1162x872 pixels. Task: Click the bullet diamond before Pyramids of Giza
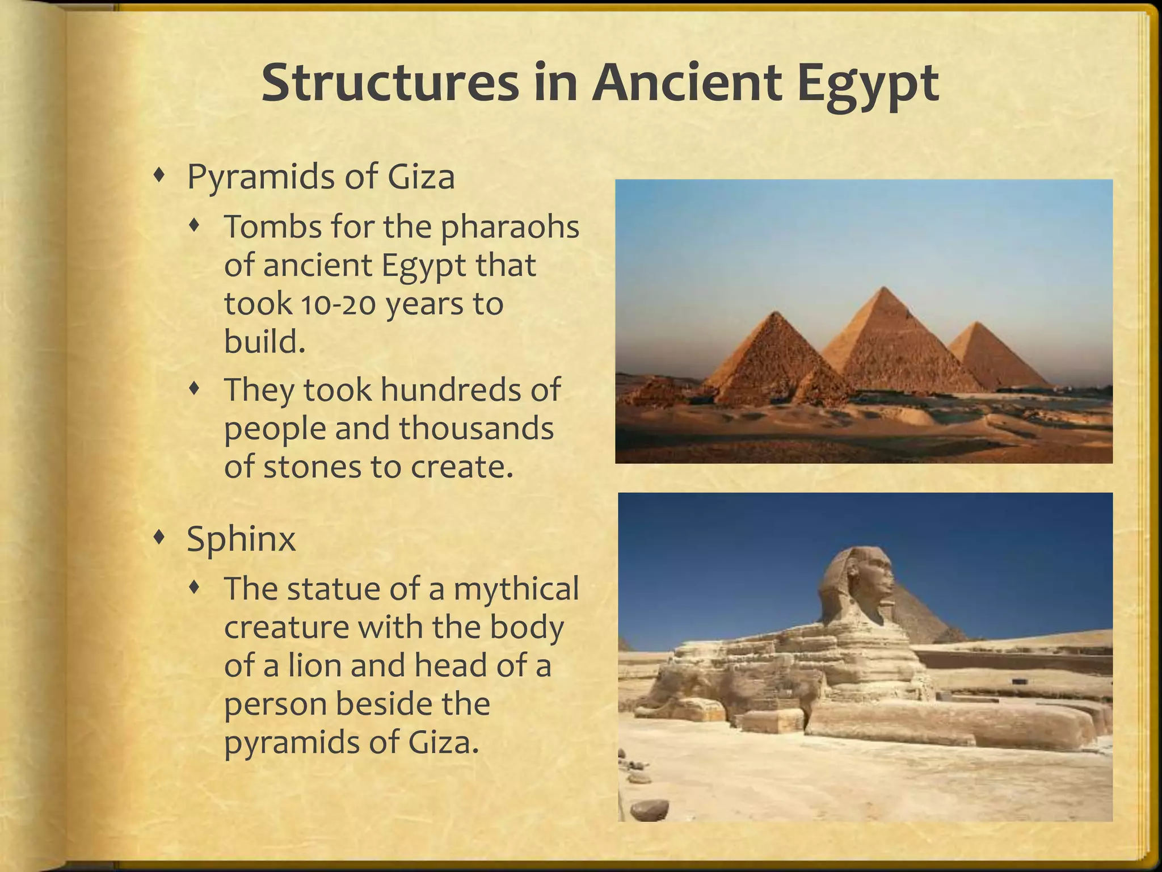pyautogui.click(x=160, y=176)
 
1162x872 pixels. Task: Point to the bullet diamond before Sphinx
pyautogui.click(x=160, y=536)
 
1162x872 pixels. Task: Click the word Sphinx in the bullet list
pyautogui.click(x=241, y=539)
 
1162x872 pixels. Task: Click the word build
pyautogui.click(x=264, y=342)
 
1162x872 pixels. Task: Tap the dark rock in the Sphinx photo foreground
pyautogui.click(x=649, y=808)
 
